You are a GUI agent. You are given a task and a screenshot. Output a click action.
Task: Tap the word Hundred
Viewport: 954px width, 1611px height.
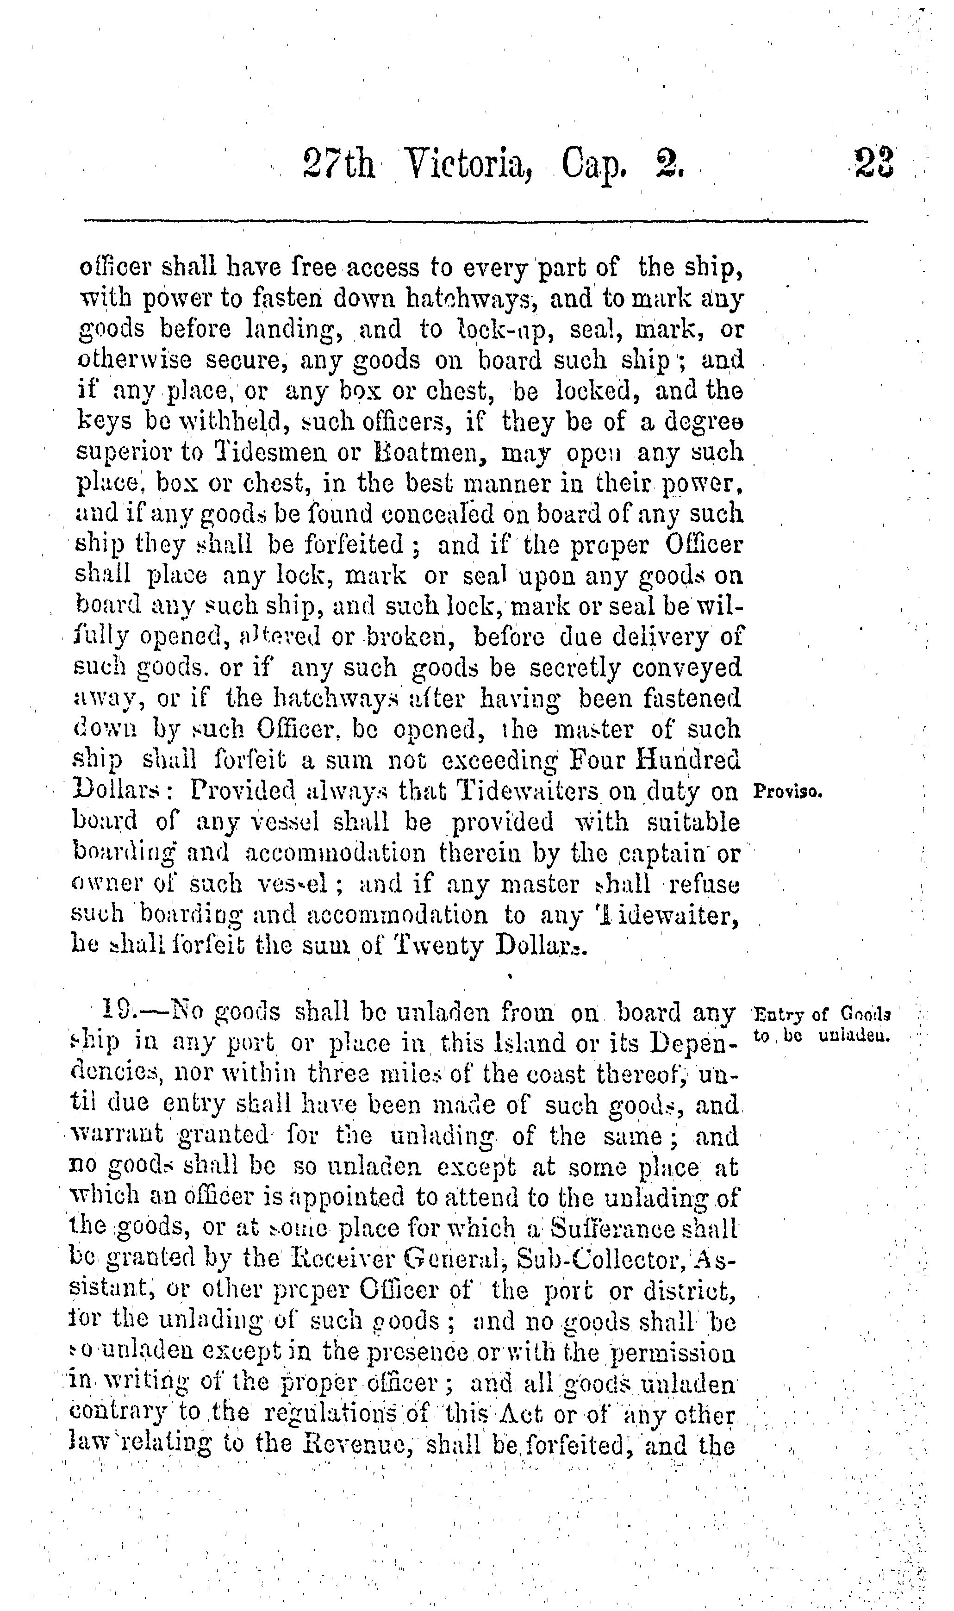[688, 761]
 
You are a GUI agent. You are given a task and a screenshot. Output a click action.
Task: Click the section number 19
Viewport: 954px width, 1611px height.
[118, 1013]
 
